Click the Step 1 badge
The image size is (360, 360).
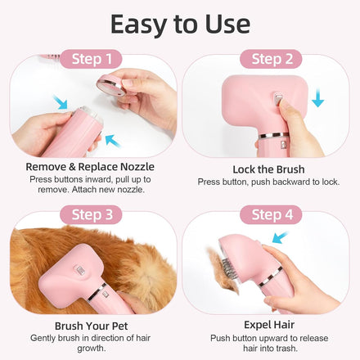[91, 59]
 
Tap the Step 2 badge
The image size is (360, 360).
[271, 59]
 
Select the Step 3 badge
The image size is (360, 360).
[91, 214]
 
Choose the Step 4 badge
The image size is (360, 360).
[271, 214]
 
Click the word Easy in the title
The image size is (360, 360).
[138, 25]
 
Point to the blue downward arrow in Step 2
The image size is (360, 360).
[317, 97]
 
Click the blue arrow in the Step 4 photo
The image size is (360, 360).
[280, 237]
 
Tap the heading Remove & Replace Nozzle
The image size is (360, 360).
[90, 167]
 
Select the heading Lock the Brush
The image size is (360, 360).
[268, 169]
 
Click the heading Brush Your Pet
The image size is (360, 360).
[91, 326]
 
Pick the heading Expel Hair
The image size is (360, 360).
[269, 325]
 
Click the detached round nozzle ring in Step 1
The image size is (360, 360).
[111, 85]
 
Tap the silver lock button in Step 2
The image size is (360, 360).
[277, 99]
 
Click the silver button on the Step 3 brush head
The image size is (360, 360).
[81, 271]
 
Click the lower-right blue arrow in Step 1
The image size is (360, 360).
[113, 141]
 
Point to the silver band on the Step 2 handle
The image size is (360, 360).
[273, 135]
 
